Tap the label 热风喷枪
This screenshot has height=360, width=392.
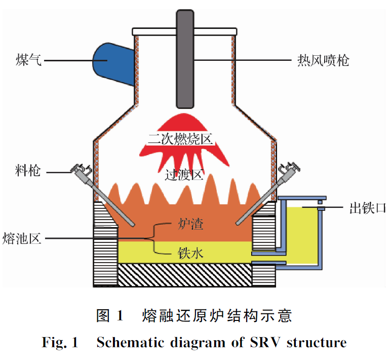click(x=323, y=61)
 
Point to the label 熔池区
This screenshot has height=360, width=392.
click(x=22, y=237)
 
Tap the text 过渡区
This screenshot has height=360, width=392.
click(x=184, y=175)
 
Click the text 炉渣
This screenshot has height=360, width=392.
click(x=191, y=224)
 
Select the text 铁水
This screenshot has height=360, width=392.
click(x=191, y=253)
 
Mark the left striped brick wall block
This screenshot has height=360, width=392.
click(x=105, y=243)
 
